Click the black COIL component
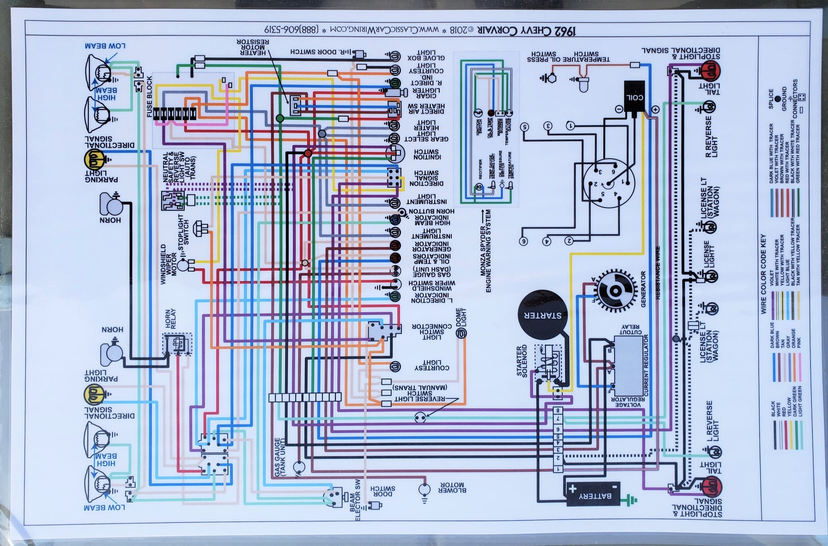(634, 97)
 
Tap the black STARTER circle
(542, 315)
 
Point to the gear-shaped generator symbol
(614, 291)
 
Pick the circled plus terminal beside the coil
(655, 109)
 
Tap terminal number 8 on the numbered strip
(558, 410)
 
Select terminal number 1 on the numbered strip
(558, 469)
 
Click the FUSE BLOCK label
(150, 96)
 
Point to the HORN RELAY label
(170, 318)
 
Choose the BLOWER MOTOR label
(452, 487)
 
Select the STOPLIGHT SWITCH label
(183, 229)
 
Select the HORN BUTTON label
(432, 211)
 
